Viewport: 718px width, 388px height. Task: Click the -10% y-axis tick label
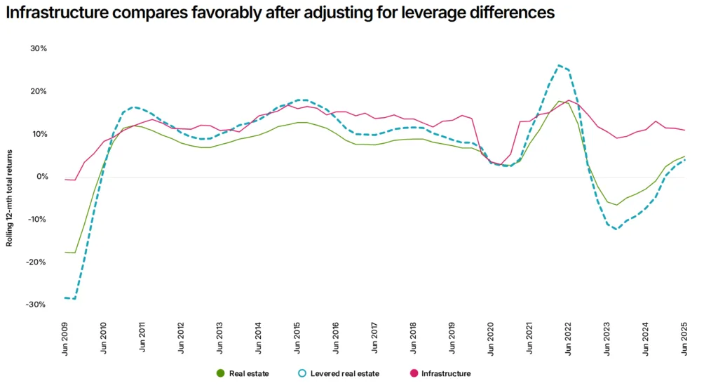(x=37, y=219)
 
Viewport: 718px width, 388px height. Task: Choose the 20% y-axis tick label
(x=39, y=91)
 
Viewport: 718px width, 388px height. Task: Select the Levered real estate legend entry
(x=339, y=373)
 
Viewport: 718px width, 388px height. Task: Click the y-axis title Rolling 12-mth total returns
(x=10, y=200)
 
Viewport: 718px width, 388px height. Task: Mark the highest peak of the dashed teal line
(x=559, y=65)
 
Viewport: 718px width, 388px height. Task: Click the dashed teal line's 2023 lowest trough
(x=616, y=229)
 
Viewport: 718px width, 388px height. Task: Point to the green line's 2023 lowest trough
(x=617, y=205)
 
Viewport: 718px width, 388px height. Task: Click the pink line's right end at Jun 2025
(x=684, y=131)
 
